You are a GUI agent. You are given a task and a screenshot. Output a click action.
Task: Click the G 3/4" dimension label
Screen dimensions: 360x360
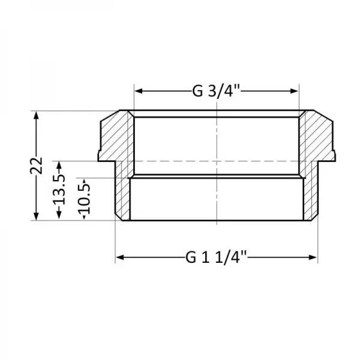[216, 91]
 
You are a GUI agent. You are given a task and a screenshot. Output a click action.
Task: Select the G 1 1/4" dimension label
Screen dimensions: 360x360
[216, 257]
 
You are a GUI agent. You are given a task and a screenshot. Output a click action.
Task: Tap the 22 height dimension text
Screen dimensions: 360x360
[37, 165]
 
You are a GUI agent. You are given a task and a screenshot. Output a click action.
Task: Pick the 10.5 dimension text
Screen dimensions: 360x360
[84, 199]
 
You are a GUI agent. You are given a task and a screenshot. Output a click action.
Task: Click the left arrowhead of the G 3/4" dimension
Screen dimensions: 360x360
[137, 91]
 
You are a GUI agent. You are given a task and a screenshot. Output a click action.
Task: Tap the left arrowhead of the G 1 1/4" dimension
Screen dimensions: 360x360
[119, 257]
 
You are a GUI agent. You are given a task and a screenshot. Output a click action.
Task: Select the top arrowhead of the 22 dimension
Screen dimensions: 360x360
[37, 114]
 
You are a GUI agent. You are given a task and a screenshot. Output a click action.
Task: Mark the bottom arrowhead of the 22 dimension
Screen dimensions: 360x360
[37, 217]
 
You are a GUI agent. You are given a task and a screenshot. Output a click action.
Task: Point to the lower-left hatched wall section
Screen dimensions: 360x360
[124, 195]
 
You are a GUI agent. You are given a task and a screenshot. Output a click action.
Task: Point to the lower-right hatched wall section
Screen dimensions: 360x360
[308, 195]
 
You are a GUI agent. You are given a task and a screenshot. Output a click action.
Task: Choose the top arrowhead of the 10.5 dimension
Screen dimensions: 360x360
[84, 181]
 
